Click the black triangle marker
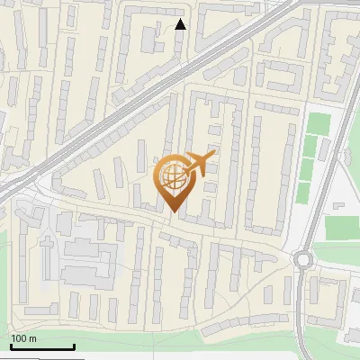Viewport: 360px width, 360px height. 180,24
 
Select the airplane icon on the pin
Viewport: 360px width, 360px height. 199,165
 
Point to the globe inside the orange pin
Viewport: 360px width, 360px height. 172,177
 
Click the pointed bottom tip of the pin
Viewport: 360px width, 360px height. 173,211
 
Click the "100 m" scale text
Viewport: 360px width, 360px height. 23,338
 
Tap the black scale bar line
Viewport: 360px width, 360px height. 42,346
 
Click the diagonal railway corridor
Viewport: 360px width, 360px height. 135,99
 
